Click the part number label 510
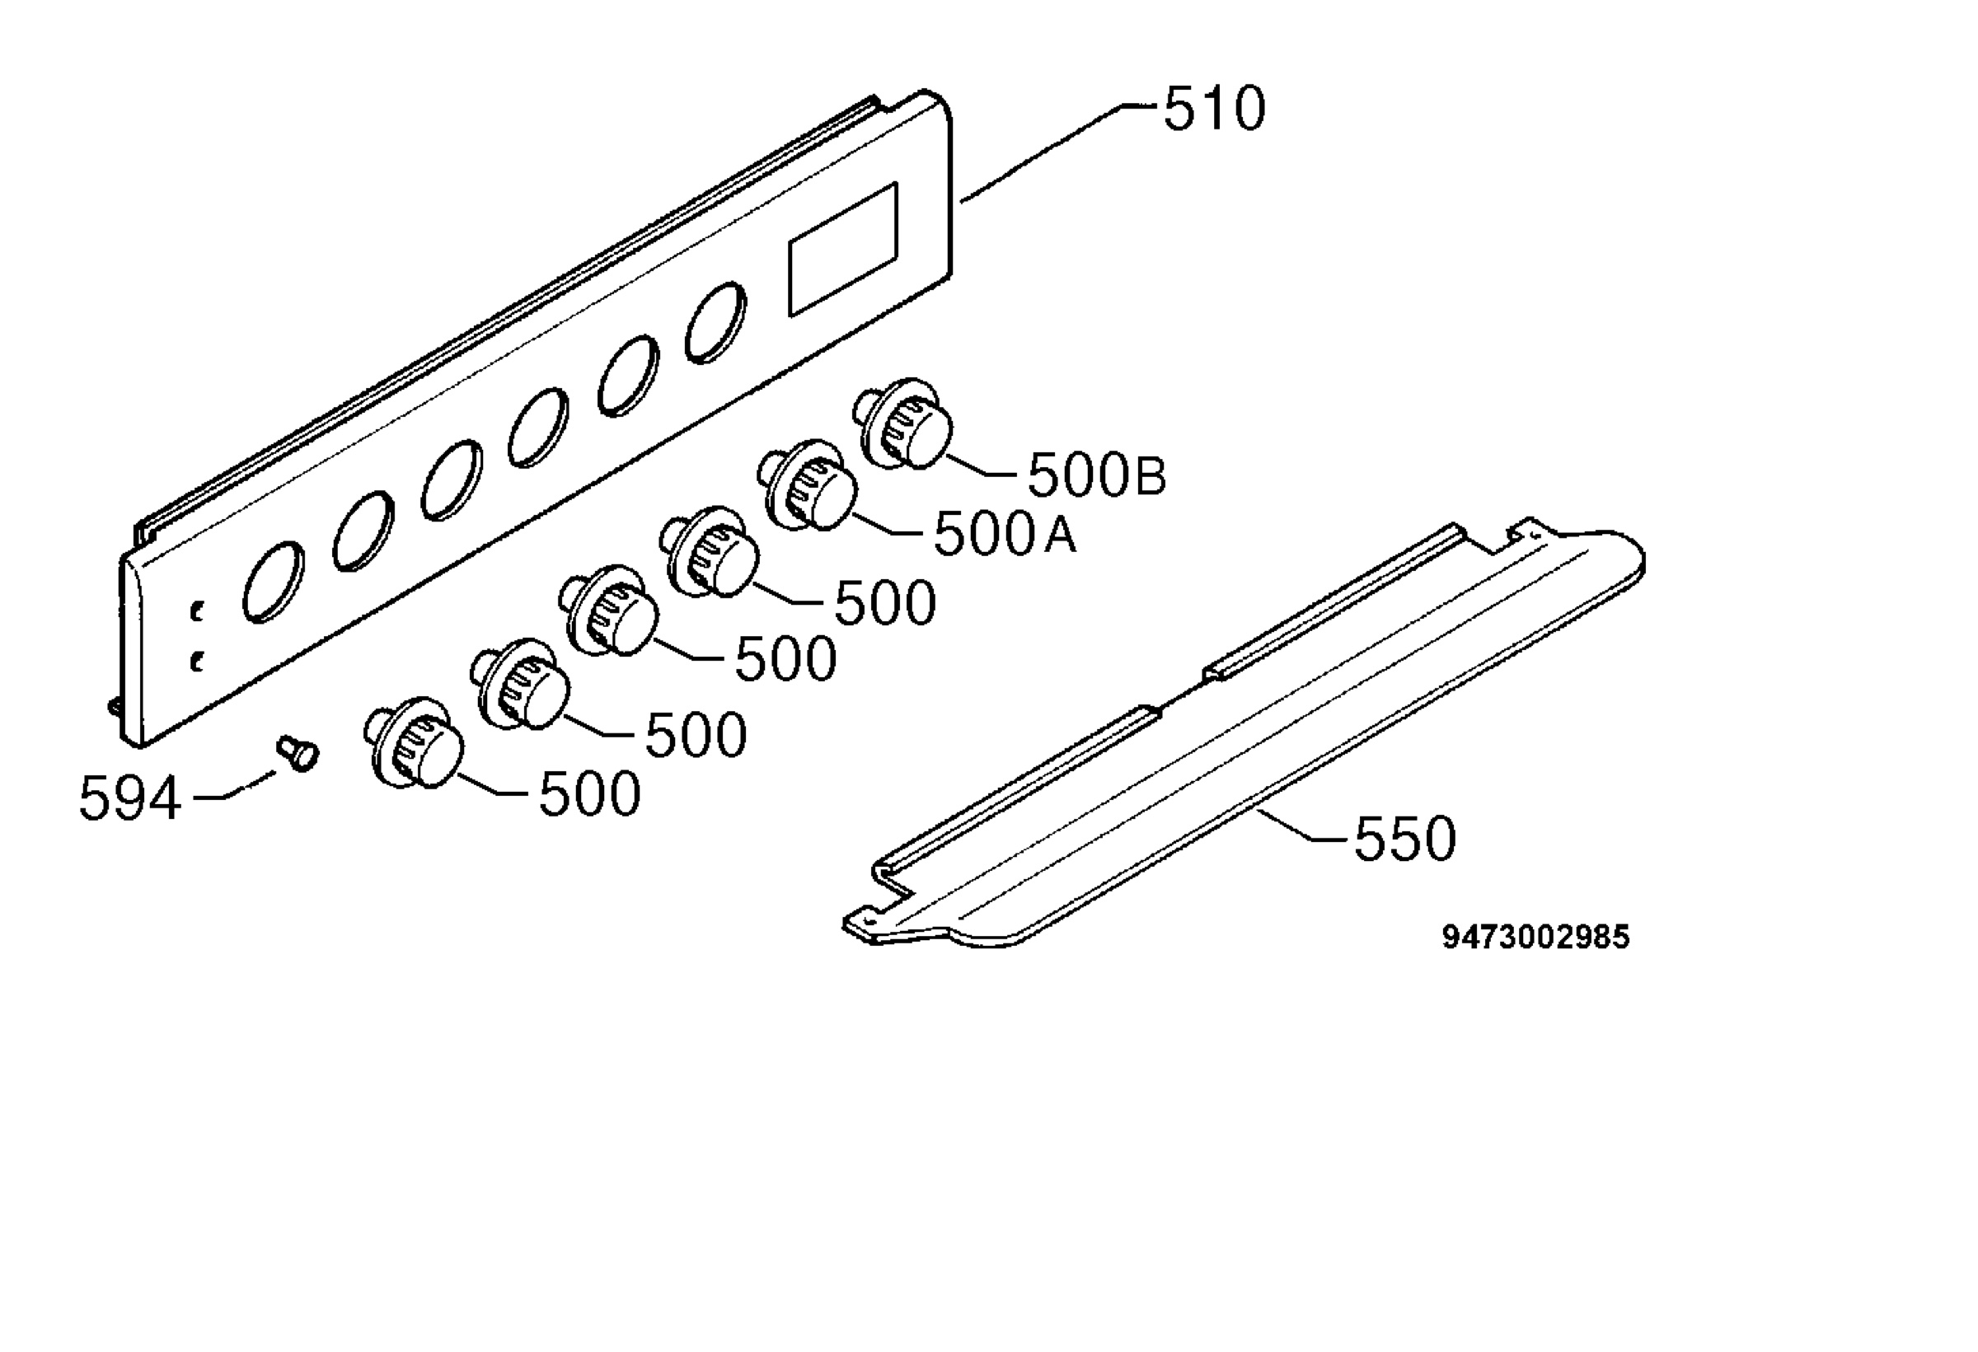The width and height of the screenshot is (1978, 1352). tap(1215, 110)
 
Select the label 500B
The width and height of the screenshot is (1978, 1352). tap(1097, 475)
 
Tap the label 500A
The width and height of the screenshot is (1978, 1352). tap(1005, 535)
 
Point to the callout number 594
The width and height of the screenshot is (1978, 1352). tap(130, 798)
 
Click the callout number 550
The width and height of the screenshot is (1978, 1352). tap(1405, 839)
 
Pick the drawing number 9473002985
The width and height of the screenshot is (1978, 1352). tap(1536, 937)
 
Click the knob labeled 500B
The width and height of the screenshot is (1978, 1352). tap(904, 423)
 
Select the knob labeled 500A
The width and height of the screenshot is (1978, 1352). tap(808, 485)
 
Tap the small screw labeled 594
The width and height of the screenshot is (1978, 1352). tap(298, 753)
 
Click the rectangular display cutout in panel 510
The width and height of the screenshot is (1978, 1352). tap(842, 249)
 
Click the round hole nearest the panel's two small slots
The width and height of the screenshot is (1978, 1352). tap(272, 582)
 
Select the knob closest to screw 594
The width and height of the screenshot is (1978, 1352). tap(414, 744)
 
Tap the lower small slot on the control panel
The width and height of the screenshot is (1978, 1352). tap(198, 661)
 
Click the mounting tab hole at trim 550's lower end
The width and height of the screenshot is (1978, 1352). tap(867, 920)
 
